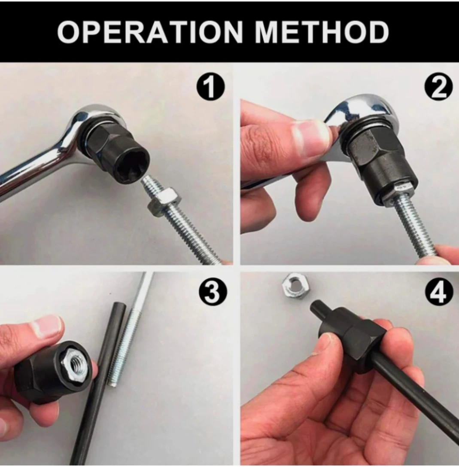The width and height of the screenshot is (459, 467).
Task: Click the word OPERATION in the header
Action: point(150,32)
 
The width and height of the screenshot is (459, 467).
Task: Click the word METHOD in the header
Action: point(322,32)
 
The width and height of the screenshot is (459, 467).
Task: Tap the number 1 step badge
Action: point(210,87)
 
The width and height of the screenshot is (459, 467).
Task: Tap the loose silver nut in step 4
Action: point(296,286)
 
